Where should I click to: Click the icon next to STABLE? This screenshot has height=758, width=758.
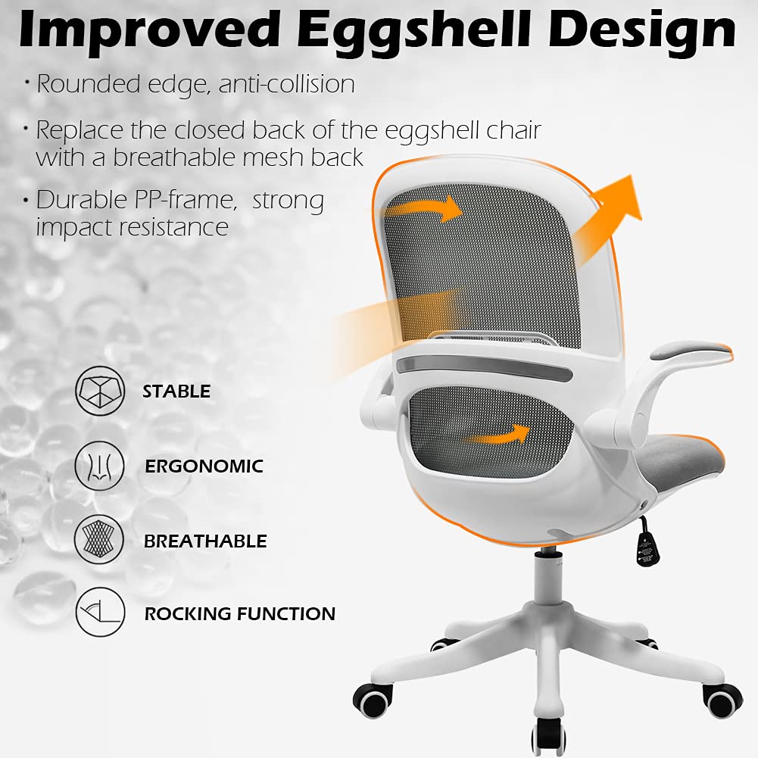point(99,391)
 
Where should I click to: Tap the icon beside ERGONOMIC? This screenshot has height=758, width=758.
point(99,465)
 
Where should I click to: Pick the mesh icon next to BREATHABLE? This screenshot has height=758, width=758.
point(99,539)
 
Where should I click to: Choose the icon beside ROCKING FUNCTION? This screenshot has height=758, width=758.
point(99,612)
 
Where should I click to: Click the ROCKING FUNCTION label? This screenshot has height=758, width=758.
point(239,613)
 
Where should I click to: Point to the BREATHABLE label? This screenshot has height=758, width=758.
point(205,541)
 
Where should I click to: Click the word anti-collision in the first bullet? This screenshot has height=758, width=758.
point(286,84)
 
